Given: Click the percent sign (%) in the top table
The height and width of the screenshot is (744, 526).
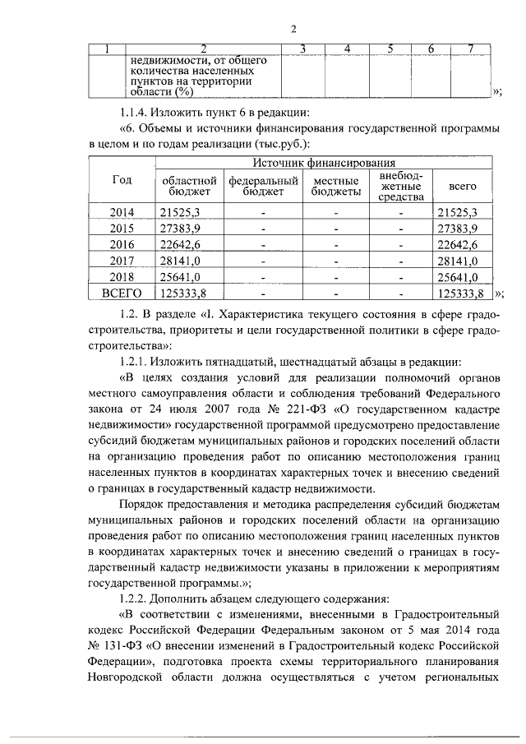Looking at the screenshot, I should [x=192, y=92].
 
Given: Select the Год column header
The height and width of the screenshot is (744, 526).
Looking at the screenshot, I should [x=121, y=180].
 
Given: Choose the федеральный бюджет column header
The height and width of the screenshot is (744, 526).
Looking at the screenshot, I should [x=262, y=187].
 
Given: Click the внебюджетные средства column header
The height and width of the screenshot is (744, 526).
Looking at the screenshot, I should [x=400, y=187].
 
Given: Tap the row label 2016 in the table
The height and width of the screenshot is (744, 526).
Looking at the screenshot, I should [x=122, y=243].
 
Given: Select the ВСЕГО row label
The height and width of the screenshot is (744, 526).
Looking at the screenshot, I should [x=122, y=291].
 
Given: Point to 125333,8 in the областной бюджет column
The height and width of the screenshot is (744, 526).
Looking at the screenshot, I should [x=185, y=292].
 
